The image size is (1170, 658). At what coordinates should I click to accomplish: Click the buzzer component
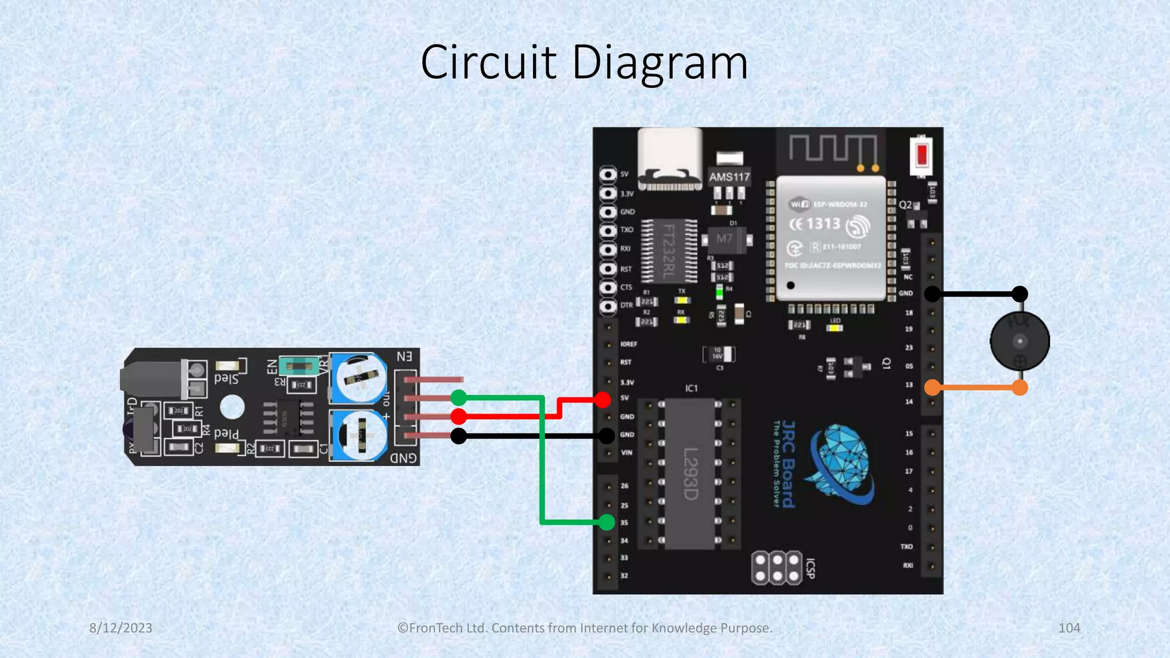[x=1020, y=342]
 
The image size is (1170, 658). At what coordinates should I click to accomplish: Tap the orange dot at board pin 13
[x=932, y=388]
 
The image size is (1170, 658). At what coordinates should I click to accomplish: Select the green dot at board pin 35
[x=607, y=521]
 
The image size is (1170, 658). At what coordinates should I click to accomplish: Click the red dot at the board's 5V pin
[x=602, y=399]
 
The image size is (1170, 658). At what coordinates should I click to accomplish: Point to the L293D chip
[x=690, y=474]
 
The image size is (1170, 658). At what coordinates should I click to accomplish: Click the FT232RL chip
[x=668, y=251]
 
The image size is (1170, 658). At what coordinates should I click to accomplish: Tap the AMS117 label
[x=729, y=177]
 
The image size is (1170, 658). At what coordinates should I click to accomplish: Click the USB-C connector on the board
[x=670, y=159]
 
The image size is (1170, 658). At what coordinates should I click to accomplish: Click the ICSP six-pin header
[x=777, y=568]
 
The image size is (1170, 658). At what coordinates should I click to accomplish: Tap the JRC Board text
[x=788, y=464]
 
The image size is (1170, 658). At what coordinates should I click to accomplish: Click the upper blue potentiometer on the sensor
[x=359, y=378]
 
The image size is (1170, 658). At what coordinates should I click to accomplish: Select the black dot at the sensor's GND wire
[x=459, y=436]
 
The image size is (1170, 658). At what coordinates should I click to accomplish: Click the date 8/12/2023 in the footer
[x=121, y=628]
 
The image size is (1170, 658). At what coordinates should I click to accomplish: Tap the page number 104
[x=1069, y=628]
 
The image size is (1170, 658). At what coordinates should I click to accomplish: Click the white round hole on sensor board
[x=232, y=407]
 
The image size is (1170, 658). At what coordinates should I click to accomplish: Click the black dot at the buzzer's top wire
[x=1020, y=294]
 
